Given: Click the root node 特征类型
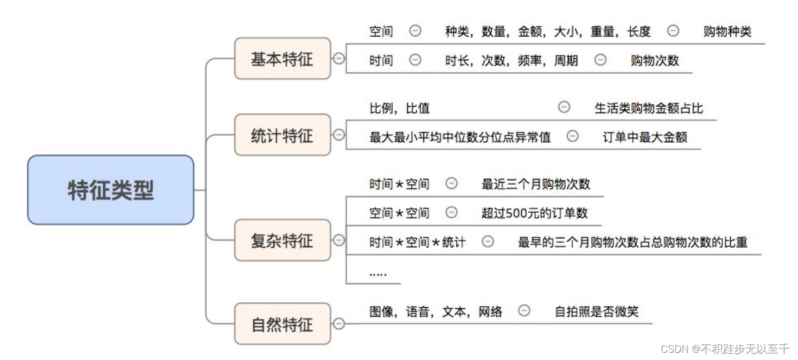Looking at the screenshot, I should [111, 190].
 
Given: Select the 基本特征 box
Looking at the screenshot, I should [282, 59].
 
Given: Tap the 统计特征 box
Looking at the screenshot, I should [282, 135].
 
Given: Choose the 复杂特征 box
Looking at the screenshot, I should [282, 241].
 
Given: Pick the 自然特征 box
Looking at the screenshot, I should [282, 324].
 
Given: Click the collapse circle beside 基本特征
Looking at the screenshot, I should [338, 59].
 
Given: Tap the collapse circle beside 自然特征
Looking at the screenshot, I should [338, 324].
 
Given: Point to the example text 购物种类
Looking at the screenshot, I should [727, 32].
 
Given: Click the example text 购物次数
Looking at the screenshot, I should [655, 61].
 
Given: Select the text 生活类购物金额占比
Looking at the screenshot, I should [649, 108].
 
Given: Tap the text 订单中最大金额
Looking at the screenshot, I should [645, 137].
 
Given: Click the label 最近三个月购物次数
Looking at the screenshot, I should [536, 184].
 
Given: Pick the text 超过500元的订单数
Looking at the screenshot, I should [535, 212].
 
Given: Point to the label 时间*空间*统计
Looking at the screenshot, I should [417, 242].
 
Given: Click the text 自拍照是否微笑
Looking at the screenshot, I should [596, 312].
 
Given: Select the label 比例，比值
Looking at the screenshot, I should [400, 108].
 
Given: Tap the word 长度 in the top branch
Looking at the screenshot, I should [639, 32].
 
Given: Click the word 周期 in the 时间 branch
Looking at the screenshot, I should [566, 61].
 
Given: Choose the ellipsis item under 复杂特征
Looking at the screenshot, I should [378, 273].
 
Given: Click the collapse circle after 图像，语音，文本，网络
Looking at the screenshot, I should [523, 311].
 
